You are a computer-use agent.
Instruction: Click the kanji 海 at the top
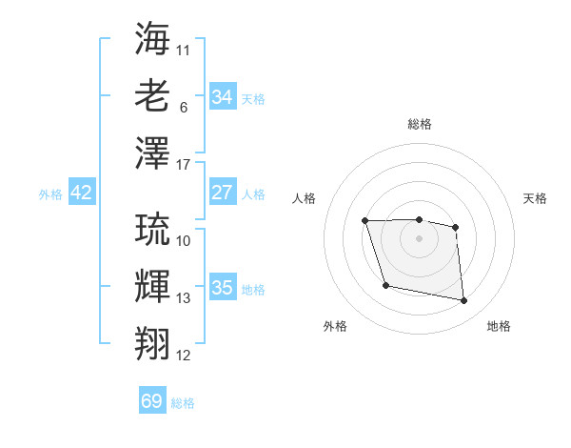pos(152,39)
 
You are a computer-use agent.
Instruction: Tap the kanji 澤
pos(152,153)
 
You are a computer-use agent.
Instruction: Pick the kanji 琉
pos(152,229)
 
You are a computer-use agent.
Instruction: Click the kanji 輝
pos(152,286)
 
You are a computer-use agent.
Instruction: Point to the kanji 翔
pos(152,343)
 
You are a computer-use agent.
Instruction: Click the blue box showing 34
pos(222,97)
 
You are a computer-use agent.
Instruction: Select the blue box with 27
pos(222,193)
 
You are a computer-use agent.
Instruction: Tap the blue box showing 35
pos(222,288)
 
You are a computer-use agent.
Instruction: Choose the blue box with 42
pos(82,193)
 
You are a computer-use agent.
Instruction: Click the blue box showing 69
pos(152,401)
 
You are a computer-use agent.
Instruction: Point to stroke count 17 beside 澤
pos(184,165)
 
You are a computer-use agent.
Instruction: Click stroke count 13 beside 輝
pos(184,298)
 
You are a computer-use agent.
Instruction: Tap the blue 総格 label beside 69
pos(183,402)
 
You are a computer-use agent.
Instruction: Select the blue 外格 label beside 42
pos(50,193)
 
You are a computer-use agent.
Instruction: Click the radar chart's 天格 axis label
pos(535,198)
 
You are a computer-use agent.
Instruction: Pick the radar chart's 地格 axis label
pos(499,326)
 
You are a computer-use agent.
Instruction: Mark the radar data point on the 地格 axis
pos(464,301)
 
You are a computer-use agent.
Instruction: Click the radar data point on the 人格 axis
pos(365,221)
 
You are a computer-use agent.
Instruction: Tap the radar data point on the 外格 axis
pos(385,285)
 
